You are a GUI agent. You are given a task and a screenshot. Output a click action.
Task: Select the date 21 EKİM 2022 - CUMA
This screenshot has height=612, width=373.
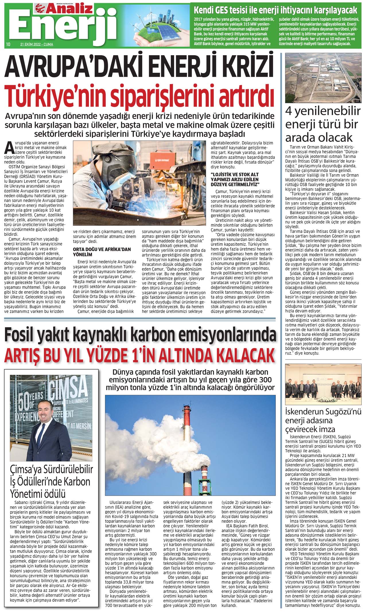36,45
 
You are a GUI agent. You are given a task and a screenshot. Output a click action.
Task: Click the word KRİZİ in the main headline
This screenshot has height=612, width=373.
244,66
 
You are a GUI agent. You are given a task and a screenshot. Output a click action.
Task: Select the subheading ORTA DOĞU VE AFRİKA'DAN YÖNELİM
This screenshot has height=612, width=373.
102,252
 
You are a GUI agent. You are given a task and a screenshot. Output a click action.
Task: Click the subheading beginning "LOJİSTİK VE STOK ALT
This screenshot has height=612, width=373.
235,179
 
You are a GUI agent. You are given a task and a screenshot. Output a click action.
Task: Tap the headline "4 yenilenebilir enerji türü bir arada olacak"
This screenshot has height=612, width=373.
323,124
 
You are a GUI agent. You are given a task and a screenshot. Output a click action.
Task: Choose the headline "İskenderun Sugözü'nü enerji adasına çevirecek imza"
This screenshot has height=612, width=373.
323,420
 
